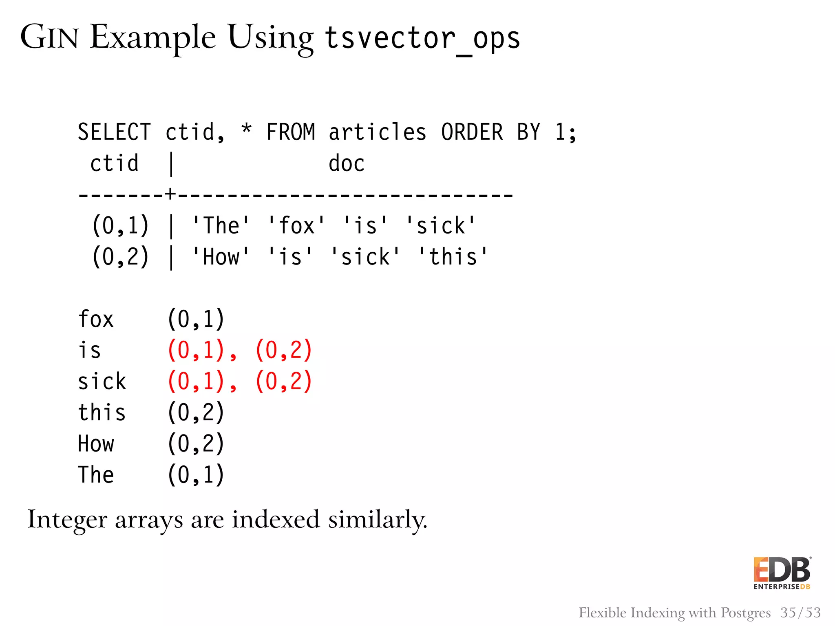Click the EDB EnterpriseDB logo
(x=782, y=573)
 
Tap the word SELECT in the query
(x=114, y=132)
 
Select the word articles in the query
(x=378, y=132)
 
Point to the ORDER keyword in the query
(x=472, y=132)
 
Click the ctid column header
(x=114, y=164)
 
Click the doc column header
(x=346, y=164)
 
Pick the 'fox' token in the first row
(x=296, y=226)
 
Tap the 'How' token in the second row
(x=221, y=257)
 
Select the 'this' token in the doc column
(x=453, y=257)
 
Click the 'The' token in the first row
(x=221, y=226)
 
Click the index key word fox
(x=96, y=319)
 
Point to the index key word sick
(x=102, y=382)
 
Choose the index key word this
(x=102, y=412)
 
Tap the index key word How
(x=96, y=444)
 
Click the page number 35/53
(x=800, y=613)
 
